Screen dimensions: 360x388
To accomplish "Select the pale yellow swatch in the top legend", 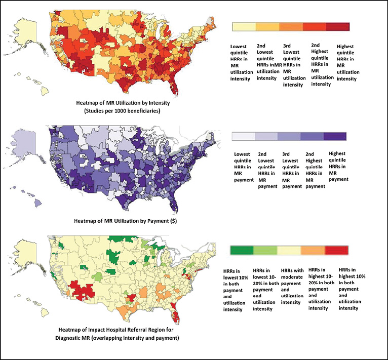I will (x=243, y=27).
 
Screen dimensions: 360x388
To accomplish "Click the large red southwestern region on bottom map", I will (x=81, y=289).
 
